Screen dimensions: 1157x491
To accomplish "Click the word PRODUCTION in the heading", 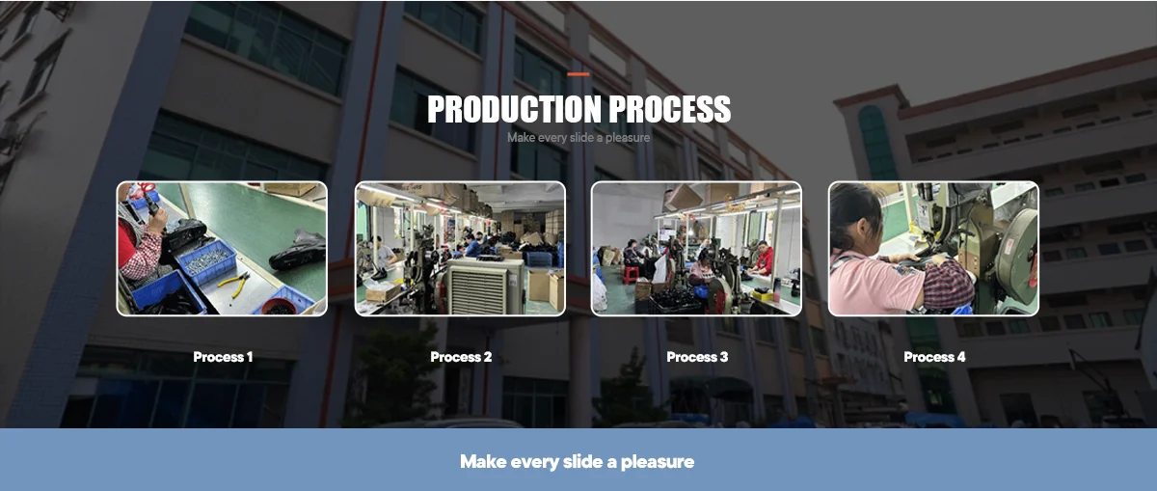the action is (515, 109).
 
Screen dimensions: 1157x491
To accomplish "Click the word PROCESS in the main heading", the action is (669, 109).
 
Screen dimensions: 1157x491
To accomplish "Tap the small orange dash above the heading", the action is (578, 74).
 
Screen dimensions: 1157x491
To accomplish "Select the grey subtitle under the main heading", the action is (578, 138).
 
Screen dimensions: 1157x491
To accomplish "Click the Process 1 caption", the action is (223, 357).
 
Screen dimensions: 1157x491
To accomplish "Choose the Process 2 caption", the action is (461, 357).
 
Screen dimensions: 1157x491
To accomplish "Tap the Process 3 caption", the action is (697, 357).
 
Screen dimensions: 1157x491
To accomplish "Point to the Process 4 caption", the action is (934, 357).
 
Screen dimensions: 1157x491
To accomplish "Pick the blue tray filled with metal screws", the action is (207, 261).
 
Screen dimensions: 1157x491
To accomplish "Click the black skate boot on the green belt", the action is (298, 250).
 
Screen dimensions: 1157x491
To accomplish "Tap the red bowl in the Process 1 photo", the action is (279, 307).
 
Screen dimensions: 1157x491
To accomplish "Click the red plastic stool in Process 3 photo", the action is (631, 275).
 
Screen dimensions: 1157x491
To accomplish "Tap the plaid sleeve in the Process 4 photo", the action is (948, 285).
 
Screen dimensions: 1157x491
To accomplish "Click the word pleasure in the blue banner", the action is (657, 462).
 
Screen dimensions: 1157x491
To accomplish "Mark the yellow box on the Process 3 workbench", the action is (761, 295).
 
